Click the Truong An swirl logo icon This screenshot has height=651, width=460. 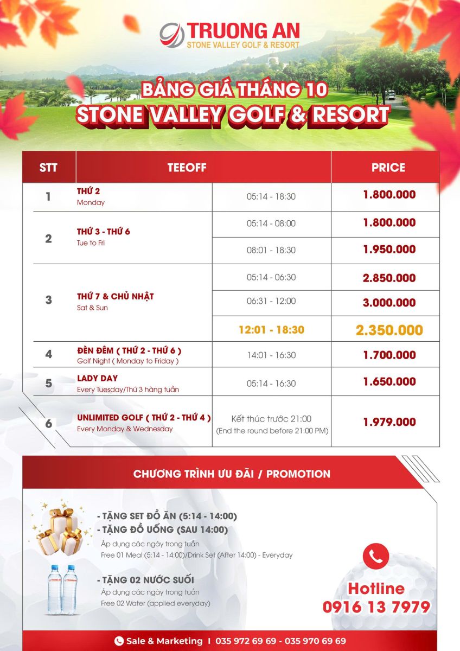point(172,34)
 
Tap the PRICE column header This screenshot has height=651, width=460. point(388,168)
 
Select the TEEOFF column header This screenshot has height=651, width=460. point(187,168)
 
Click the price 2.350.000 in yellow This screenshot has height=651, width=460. point(389,330)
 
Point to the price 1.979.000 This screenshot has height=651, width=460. point(389,422)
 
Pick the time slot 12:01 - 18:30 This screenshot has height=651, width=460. point(271,330)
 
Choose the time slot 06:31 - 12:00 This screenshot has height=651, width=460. point(271,302)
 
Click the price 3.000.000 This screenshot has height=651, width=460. point(389,303)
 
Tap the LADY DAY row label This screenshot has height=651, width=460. point(97,378)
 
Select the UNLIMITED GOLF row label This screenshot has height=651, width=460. point(144,418)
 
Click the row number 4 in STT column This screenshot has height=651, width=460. point(49,355)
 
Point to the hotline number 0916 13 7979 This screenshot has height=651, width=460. point(376,607)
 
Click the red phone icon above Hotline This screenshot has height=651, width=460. point(376,556)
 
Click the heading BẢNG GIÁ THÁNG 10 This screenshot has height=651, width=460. point(234,89)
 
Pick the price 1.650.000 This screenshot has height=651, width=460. point(389,382)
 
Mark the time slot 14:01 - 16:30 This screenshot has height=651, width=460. point(271,355)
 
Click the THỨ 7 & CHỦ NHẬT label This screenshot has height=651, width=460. point(115,296)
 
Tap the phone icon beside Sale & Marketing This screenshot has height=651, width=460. point(119,641)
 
